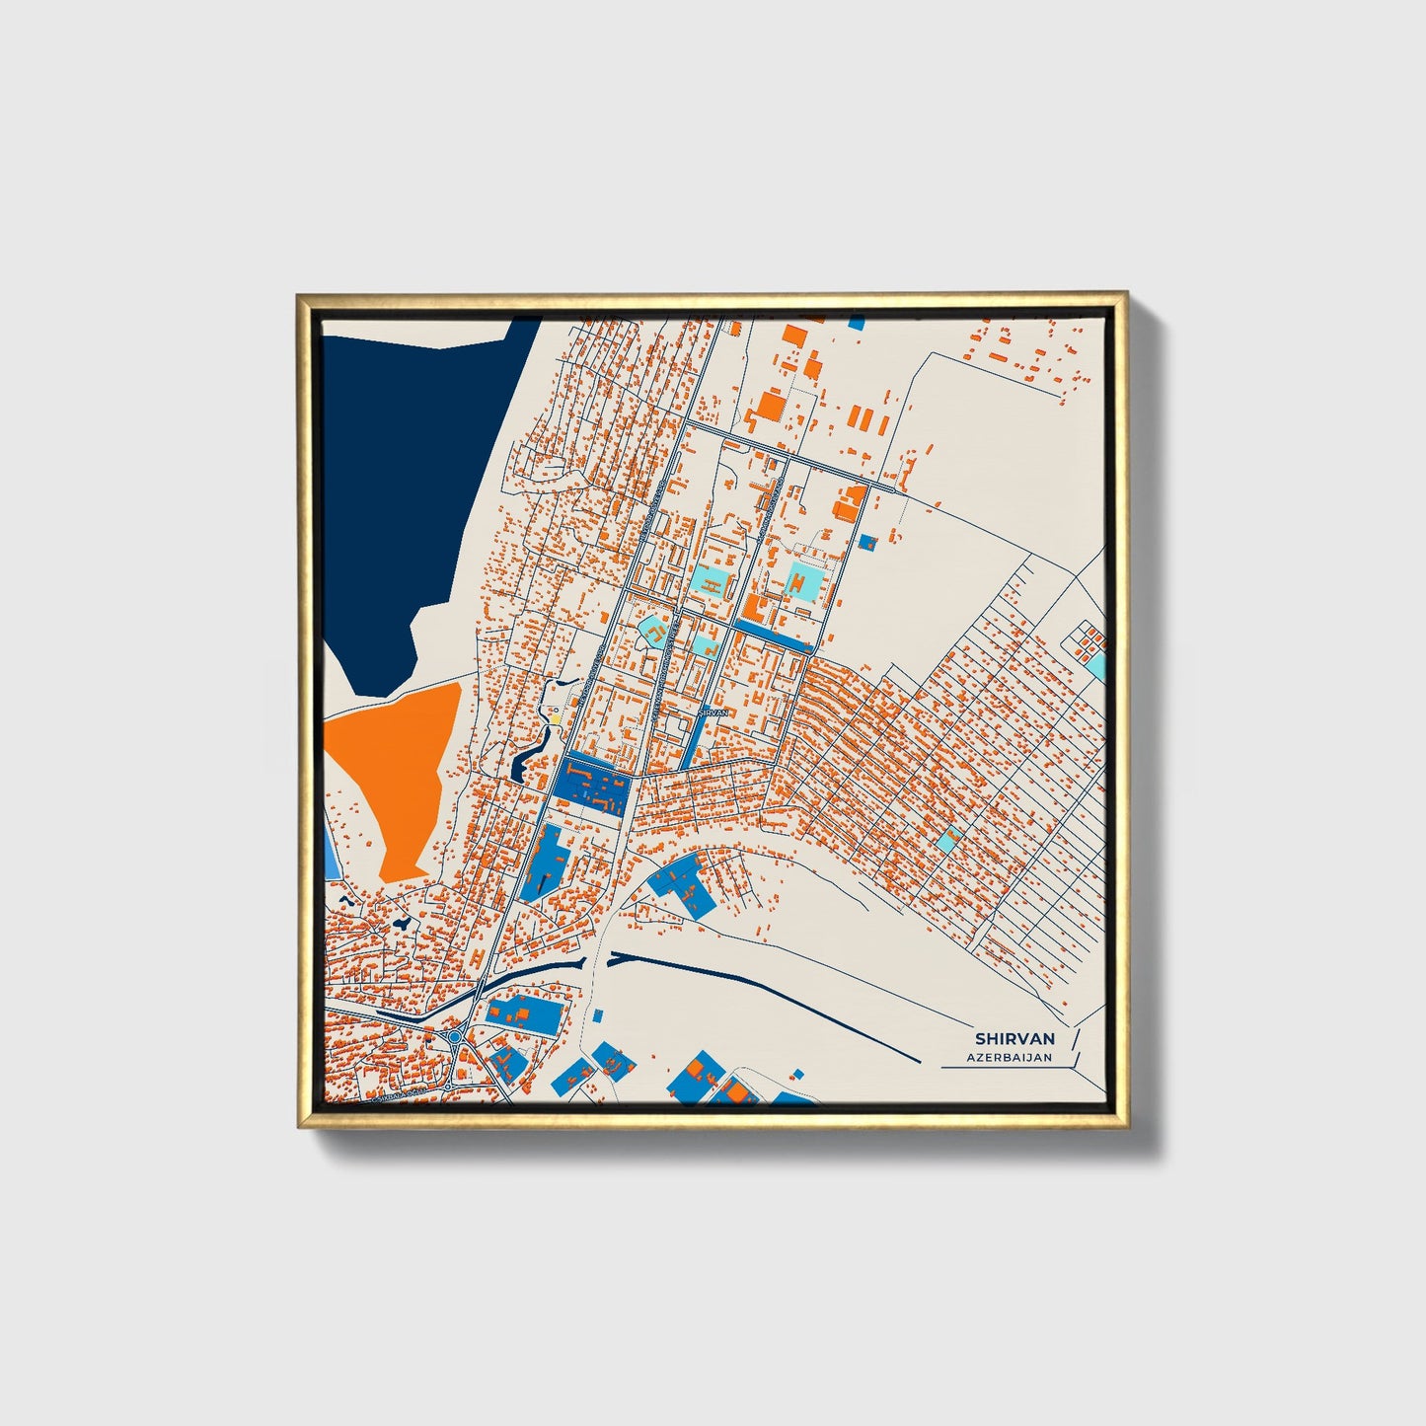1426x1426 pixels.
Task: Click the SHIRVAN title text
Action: [x=1014, y=1039]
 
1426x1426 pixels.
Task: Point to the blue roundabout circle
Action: [x=456, y=1037]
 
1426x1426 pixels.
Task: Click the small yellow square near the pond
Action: [x=555, y=718]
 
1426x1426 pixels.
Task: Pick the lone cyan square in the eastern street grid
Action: [x=947, y=841]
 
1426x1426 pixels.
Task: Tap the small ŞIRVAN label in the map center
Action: [x=713, y=712]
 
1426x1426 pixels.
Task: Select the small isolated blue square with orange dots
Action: [x=868, y=542]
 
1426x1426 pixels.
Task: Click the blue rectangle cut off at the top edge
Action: [x=856, y=323]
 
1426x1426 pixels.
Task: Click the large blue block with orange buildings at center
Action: [x=592, y=787]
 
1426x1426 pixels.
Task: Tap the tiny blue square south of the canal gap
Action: [x=597, y=1014]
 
